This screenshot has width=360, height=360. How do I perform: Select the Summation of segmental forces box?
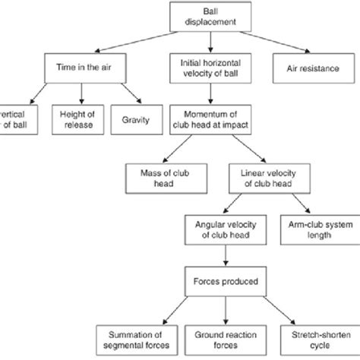[x=134, y=336]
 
